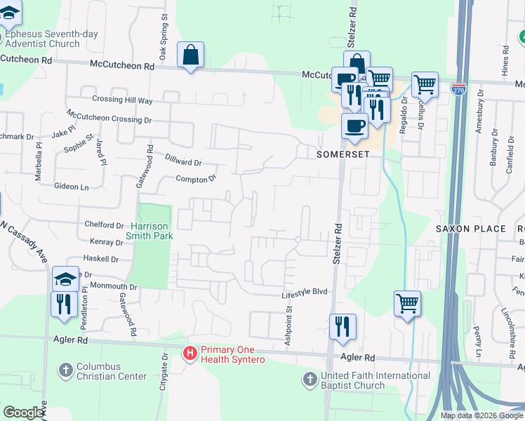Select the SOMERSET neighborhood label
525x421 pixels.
[343, 154]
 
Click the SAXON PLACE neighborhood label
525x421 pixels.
[470, 229]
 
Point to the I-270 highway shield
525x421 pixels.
[458, 90]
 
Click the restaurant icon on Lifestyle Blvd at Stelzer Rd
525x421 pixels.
[343, 326]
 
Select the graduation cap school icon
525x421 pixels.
[65, 279]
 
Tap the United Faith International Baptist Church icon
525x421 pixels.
[310, 380]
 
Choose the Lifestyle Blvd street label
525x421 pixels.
[305, 292]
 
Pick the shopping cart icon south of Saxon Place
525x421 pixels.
[407, 303]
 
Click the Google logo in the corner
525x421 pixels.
[23, 412]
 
